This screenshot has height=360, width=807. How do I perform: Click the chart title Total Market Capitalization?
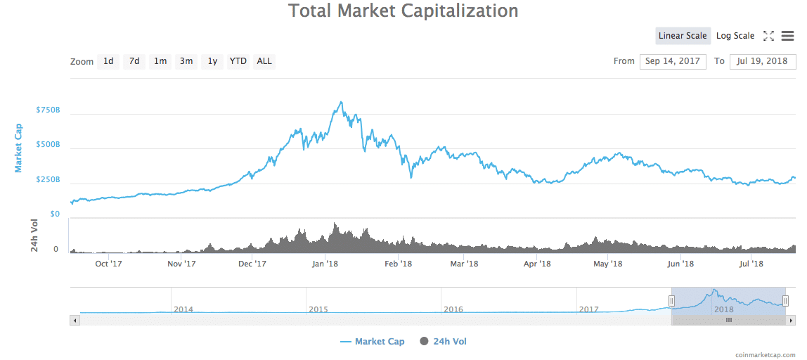(x=403, y=11)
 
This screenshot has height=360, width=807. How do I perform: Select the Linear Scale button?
(x=682, y=36)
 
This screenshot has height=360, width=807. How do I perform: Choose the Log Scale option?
(x=735, y=36)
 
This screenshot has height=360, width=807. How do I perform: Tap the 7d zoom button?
(x=134, y=61)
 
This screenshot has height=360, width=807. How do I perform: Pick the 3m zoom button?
(x=186, y=61)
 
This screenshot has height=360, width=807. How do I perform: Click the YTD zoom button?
(x=238, y=61)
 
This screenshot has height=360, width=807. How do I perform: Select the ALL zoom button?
(x=264, y=61)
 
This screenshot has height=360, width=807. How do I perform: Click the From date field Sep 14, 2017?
(x=673, y=61)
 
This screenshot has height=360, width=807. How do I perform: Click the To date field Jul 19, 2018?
(x=762, y=61)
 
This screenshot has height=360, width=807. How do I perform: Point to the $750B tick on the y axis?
(x=48, y=110)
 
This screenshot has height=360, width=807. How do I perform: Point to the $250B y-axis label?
(x=48, y=180)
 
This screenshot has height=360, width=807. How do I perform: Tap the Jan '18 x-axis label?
(x=325, y=264)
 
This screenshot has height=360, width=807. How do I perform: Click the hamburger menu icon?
(x=787, y=36)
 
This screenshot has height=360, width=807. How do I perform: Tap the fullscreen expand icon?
(x=768, y=36)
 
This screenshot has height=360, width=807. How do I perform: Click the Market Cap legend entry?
(x=373, y=342)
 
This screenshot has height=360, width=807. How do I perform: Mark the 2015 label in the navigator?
(x=318, y=309)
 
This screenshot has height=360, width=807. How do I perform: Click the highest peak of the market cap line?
(x=341, y=102)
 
